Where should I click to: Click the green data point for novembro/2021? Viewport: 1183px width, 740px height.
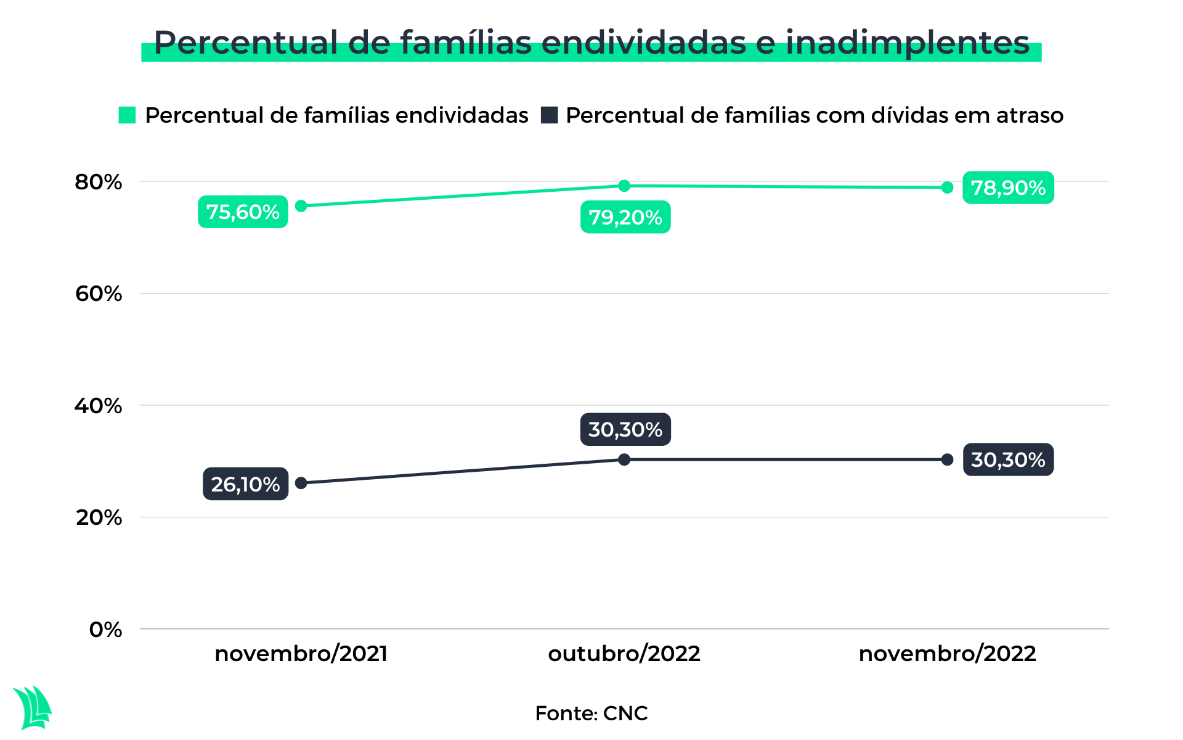(301, 206)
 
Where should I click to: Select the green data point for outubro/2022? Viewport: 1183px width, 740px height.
(624, 186)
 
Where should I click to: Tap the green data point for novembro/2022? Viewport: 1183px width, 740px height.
(948, 187)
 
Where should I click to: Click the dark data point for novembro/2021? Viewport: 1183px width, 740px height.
(301, 483)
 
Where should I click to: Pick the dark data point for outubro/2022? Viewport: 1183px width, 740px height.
(624, 459)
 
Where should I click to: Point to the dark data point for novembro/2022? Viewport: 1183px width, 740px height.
(948, 459)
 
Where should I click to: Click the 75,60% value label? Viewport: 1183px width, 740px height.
(243, 212)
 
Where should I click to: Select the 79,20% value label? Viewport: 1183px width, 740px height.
(625, 217)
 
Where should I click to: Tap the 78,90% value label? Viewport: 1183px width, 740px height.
(1008, 187)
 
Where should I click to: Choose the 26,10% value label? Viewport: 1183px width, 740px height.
(245, 484)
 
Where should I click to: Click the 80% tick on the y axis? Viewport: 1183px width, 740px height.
(99, 182)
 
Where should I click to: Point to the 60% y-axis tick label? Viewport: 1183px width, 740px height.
(99, 294)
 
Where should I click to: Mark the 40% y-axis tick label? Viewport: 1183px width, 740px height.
(99, 406)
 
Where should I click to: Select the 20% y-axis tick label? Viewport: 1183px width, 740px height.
(99, 517)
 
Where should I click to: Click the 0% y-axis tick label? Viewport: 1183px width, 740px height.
(105, 630)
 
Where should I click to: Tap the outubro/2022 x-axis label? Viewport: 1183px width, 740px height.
(624, 654)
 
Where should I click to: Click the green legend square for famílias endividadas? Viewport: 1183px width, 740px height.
(127, 115)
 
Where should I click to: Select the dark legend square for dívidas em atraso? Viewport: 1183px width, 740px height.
(549, 115)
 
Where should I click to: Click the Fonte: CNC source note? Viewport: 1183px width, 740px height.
(591, 713)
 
